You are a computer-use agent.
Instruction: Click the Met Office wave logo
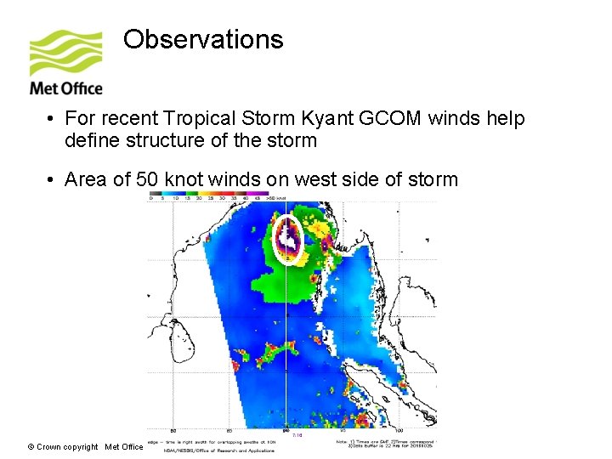[65, 53]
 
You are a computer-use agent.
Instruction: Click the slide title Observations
[202, 39]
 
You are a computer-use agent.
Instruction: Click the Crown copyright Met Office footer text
[85, 446]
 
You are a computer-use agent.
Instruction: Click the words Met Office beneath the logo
[65, 88]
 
